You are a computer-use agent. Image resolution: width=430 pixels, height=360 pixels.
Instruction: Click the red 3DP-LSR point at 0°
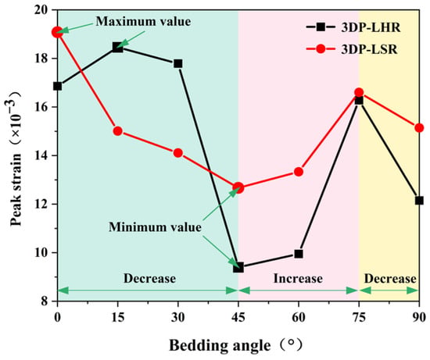[x=57, y=32]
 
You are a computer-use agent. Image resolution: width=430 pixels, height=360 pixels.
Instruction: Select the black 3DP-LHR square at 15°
[x=117, y=47]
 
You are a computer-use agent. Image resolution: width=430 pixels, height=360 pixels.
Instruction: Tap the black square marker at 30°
[x=178, y=63]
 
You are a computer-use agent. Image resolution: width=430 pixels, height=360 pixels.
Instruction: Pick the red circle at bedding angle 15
[x=118, y=131]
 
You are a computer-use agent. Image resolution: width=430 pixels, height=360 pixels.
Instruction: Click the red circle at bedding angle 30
[x=178, y=153]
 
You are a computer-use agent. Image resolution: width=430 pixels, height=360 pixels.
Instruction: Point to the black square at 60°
[x=299, y=254]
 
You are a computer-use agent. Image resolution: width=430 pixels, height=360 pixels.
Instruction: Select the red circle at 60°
[x=299, y=172]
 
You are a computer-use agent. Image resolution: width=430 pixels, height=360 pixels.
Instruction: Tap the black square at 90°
[x=419, y=200]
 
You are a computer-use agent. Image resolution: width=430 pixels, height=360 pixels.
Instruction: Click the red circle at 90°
[x=419, y=127]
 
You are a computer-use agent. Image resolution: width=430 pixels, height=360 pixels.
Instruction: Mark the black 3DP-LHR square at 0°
[x=57, y=87]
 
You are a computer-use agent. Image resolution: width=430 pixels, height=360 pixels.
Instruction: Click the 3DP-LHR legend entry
[x=353, y=27]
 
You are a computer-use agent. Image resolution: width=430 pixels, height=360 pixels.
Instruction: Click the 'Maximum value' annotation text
[x=143, y=21]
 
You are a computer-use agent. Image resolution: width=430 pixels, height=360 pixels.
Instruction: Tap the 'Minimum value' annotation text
[x=155, y=227]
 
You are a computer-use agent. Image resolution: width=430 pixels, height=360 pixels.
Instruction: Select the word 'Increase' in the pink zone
[x=298, y=278]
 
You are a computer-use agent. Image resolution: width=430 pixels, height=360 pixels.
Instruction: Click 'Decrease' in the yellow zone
[x=390, y=279]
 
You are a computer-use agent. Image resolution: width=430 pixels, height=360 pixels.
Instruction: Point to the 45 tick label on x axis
[x=238, y=318]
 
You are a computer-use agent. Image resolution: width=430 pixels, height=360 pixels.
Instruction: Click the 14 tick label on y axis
[x=46, y=155]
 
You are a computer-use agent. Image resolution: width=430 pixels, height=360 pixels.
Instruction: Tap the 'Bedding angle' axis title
[x=220, y=345]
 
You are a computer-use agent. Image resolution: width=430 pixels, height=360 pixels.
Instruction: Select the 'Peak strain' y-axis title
[x=16, y=190]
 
